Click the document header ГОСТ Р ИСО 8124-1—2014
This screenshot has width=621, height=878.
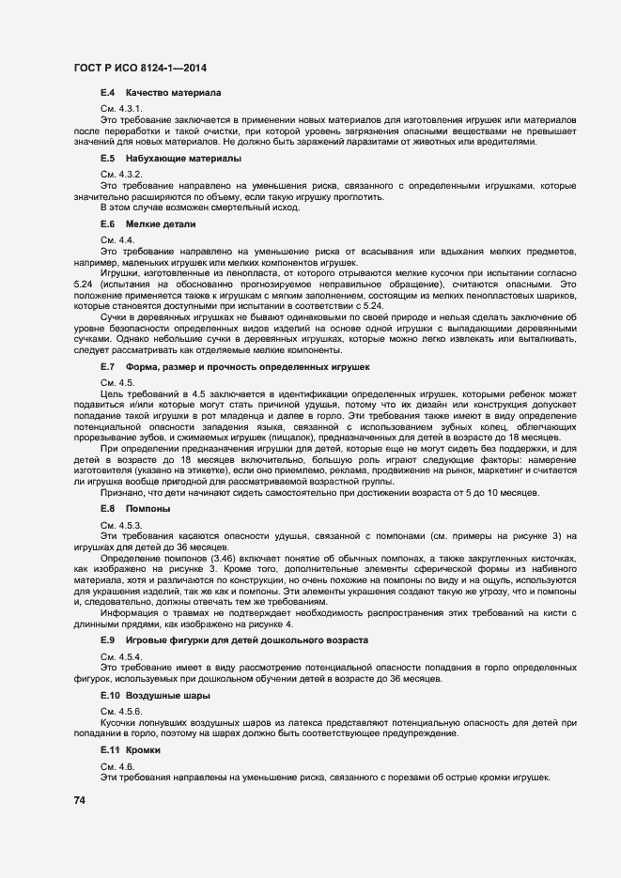(140, 69)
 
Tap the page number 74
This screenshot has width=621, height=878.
(80, 800)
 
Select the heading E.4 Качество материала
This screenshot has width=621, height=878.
(160, 94)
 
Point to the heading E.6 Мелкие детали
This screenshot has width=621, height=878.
(147, 225)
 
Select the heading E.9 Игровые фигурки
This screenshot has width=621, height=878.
(233, 640)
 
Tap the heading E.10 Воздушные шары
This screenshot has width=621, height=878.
(155, 696)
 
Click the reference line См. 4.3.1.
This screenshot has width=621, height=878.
(121, 110)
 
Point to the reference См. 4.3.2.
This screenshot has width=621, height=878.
(121, 176)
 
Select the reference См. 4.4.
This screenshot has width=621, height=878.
(117, 241)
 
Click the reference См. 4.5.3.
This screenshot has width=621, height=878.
(121, 524)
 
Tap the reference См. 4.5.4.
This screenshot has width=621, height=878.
(121, 656)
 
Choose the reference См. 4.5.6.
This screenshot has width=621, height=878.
(121, 712)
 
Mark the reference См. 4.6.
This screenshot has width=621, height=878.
(117, 767)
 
